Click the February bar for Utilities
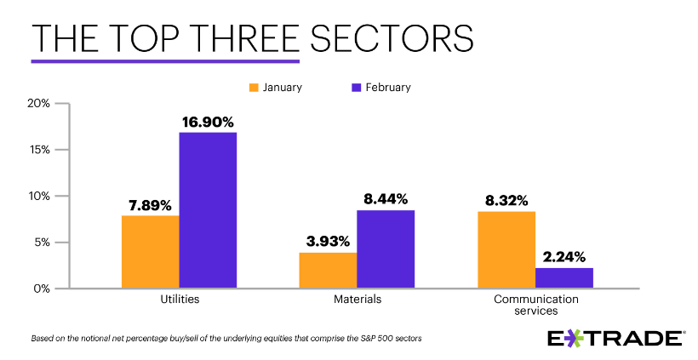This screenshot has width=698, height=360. click(208, 210)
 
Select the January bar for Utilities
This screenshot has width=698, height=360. click(151, 252)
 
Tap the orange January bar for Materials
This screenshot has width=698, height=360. click(328, 270)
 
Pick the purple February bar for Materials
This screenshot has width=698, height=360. click(385, 249)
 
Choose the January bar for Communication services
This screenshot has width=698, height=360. click(506, 249)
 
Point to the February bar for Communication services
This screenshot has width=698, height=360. click(564, 277)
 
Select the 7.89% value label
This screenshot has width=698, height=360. click(151, 205)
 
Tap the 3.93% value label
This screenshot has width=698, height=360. click(328, 242)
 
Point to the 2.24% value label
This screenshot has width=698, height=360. click(564, 257)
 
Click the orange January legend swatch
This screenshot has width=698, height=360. click(254, 87)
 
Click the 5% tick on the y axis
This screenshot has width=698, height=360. click(43, 243)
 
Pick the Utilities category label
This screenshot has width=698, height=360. click(180, 300)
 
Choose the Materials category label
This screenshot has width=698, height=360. click(357, 300)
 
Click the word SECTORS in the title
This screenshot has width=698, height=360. click(391, 39)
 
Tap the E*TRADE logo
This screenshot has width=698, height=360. click(615, 338)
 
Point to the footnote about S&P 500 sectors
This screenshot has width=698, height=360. click(226, 338)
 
